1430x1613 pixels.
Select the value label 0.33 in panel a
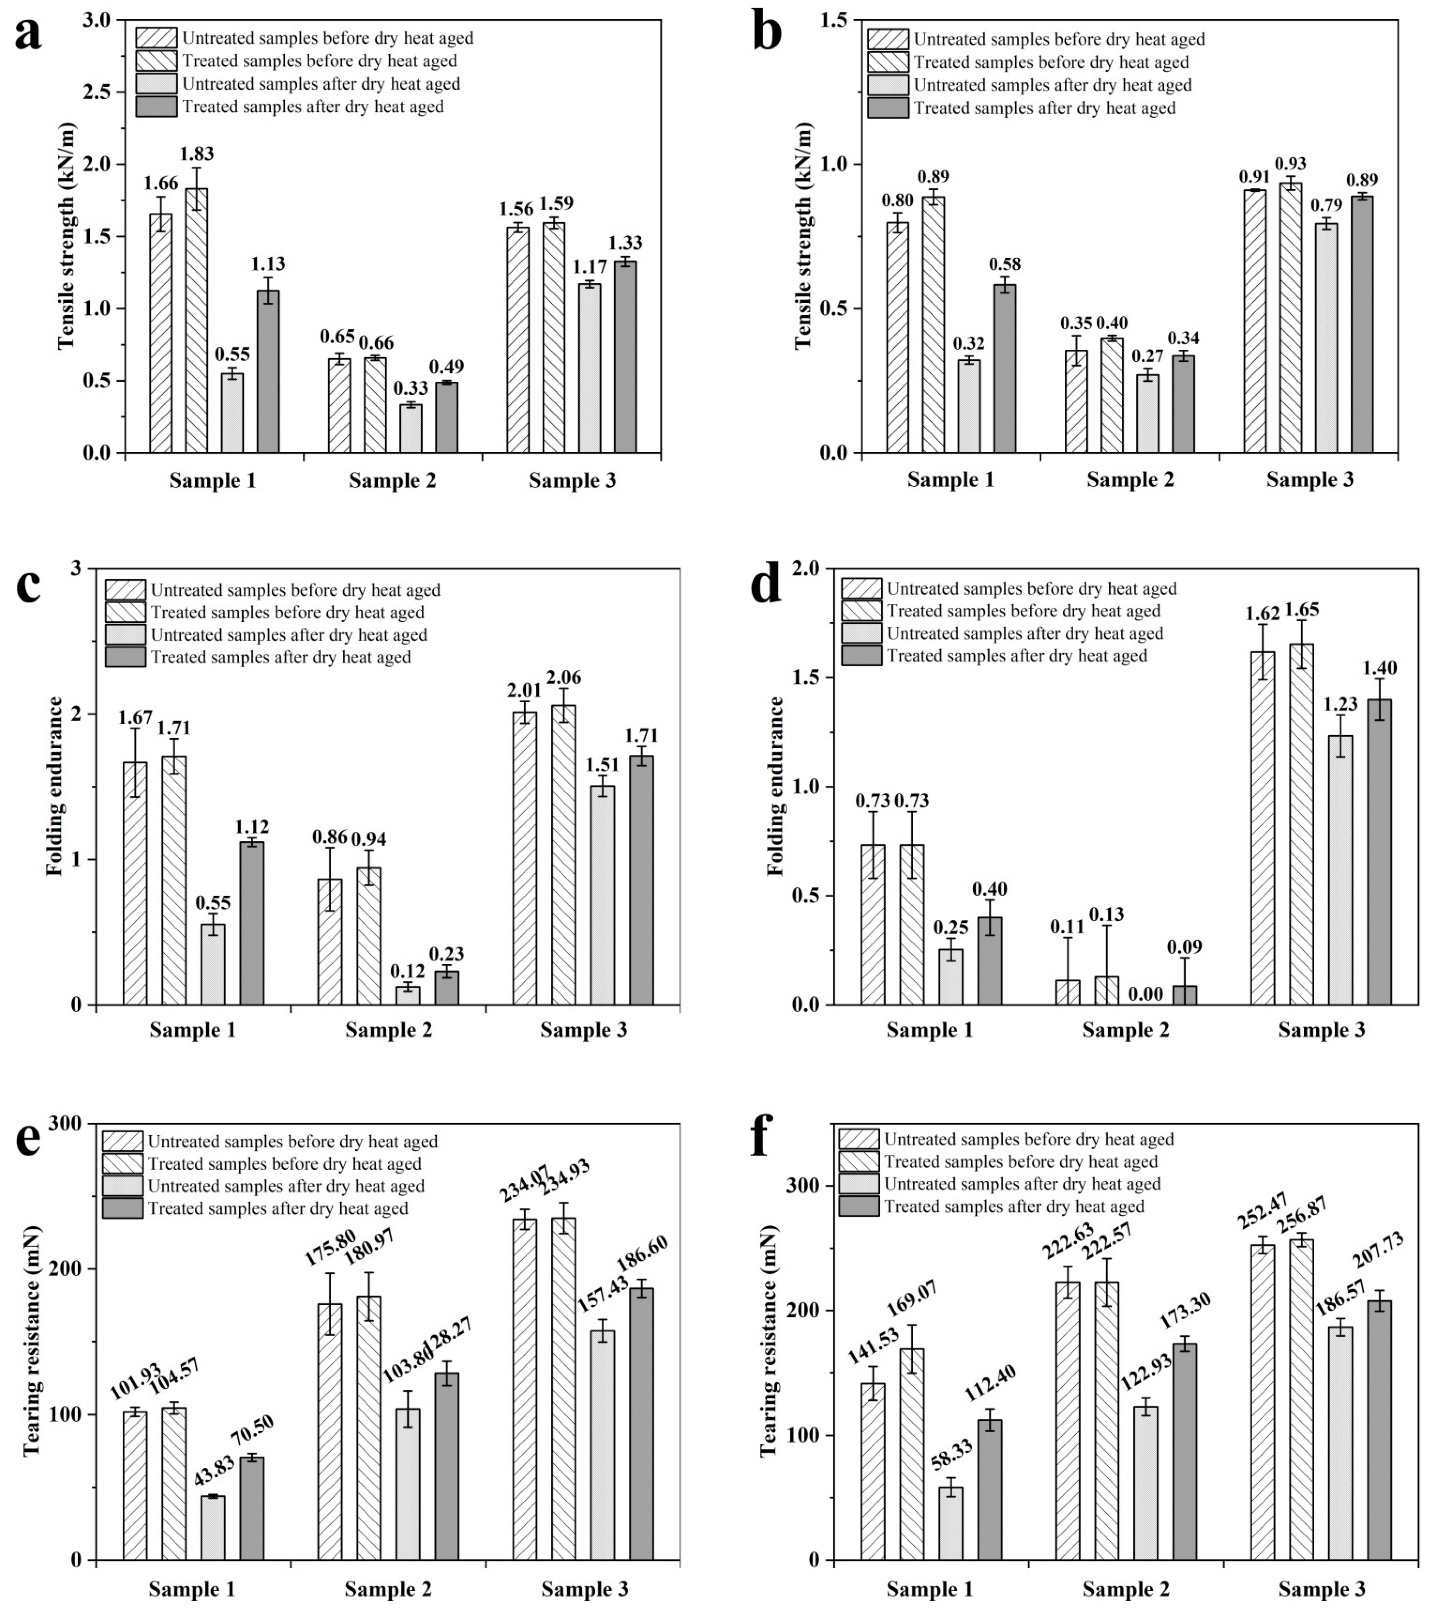(410, 388)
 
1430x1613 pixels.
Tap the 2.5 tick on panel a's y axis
(103, 92)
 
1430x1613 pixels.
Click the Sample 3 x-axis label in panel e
(584, 1589)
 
